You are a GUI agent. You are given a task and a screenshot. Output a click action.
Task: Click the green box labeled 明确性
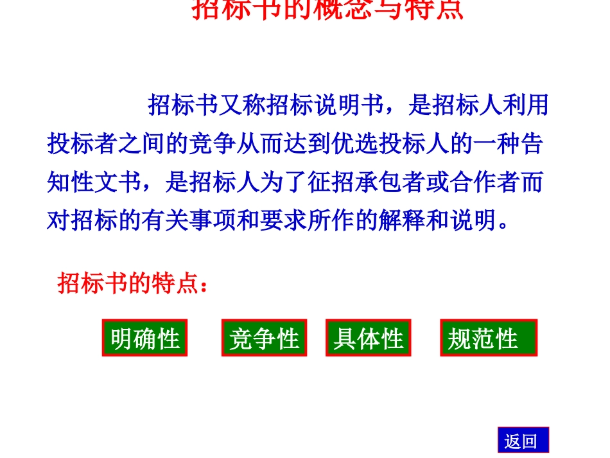pyautogui.click(x=144, y=338)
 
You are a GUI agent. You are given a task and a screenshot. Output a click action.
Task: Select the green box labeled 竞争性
pyautogui.click(x=264, y=338)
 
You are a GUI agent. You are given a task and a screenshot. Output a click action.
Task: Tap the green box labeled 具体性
pyautogui.click(x=368, y=338)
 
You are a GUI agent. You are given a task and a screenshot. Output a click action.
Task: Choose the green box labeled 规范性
pyautogui.click(x=488, y=338)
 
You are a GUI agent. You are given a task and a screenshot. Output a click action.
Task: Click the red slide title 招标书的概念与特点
pyautogui.click(x=327, y=10)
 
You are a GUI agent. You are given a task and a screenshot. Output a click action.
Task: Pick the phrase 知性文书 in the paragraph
pyautogui.click(x=94, y=182)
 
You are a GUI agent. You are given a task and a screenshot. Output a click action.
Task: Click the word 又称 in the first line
pyautogui.click(x=243, y=105)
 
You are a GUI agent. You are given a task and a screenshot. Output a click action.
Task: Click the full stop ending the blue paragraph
pyautogui.click(x=505, y=226)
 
